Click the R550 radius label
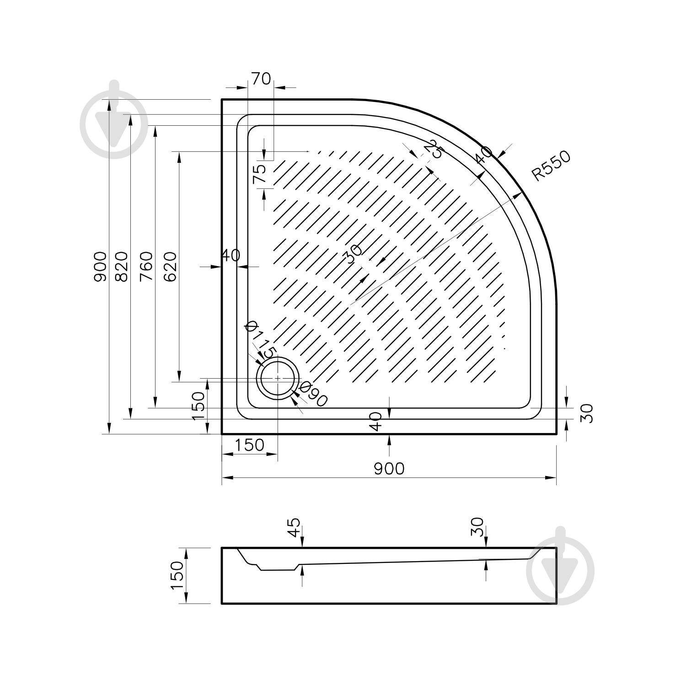click(x=552, y=166)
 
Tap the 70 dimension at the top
click(x=261, y=79)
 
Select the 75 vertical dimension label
click(x=259, y=174)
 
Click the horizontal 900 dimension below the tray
click(x=389, y=468)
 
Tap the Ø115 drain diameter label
click(x=260, y=340)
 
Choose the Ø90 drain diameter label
click(x=312, y=394)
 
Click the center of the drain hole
click(x=278, y=379)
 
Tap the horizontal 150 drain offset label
click(x=250, y=445)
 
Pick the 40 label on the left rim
click(x=231, y=255)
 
